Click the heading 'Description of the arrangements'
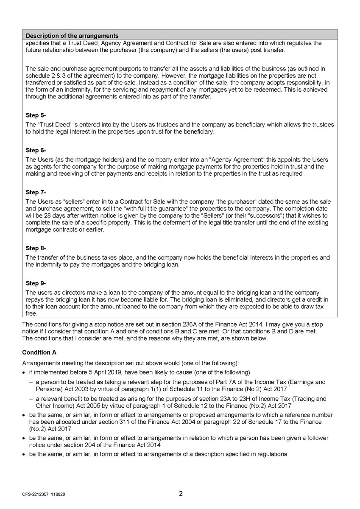coord(72,36)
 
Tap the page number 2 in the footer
coord(181,493)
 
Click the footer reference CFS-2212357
coord(36,495)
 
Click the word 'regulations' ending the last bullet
coord(272,454)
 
